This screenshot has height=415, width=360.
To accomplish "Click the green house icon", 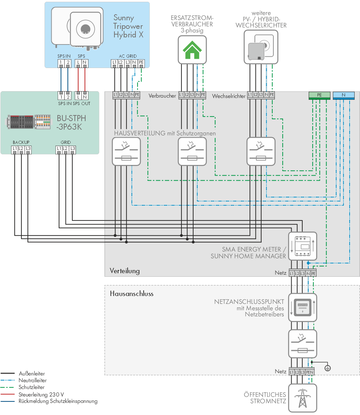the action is (x=192, y=50).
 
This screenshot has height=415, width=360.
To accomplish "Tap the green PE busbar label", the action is (x=319, y=95).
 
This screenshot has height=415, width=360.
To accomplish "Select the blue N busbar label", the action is (x=344, y=95).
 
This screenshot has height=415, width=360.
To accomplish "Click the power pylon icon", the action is (x=303, y=398).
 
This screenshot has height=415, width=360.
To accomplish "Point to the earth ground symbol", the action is (x=328, y=368).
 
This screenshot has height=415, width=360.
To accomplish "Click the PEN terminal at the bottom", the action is (x=310, y=372).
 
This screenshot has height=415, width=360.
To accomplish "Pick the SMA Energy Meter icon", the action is (x=303, y=246).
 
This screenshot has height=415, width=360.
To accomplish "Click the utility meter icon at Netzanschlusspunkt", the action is (x=303, y=307).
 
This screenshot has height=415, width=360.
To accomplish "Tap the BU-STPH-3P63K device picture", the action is (x=29, y=122).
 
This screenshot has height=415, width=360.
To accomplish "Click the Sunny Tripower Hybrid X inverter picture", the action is (x=77, y=28).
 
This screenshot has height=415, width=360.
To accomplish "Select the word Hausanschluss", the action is (x=132, y=294).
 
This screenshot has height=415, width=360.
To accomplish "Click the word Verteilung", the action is (x=125, y=271).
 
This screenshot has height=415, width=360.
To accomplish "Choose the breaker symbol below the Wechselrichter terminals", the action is (x=261, y=151).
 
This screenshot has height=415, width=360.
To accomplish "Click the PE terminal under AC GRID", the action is (x=141, y=63).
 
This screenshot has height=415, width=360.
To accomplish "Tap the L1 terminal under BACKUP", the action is (x=15, y=149).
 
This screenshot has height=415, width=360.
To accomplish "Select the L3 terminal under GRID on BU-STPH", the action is (x=73, y=149).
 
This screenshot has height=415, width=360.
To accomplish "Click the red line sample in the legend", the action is (x=7, y=394).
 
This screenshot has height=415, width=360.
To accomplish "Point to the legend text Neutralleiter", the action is (x=32, y=380).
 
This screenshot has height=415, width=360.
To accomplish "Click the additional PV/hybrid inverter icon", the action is (x=261, y=47).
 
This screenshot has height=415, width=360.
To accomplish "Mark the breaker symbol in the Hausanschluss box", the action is (x=303, y=344).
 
